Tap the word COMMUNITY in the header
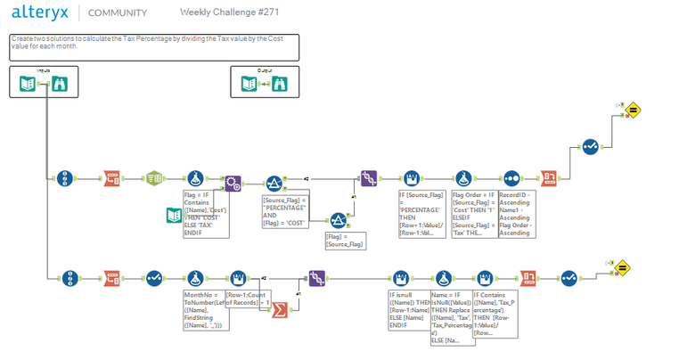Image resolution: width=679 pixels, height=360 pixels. [117, 13]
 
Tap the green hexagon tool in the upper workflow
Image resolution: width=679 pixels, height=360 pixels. [152, 176]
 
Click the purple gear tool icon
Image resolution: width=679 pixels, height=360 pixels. [232, 183]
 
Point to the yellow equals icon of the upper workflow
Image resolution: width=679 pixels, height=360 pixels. [635, 110]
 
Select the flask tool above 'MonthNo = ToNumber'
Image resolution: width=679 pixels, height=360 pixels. [195, 277]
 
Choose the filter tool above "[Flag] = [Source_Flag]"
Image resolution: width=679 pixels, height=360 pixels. [339, 219]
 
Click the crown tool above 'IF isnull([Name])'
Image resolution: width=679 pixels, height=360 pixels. [400, 277]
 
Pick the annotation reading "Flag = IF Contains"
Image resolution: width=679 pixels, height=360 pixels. [207, 214]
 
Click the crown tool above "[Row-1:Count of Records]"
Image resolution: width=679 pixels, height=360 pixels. [238, 277]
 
